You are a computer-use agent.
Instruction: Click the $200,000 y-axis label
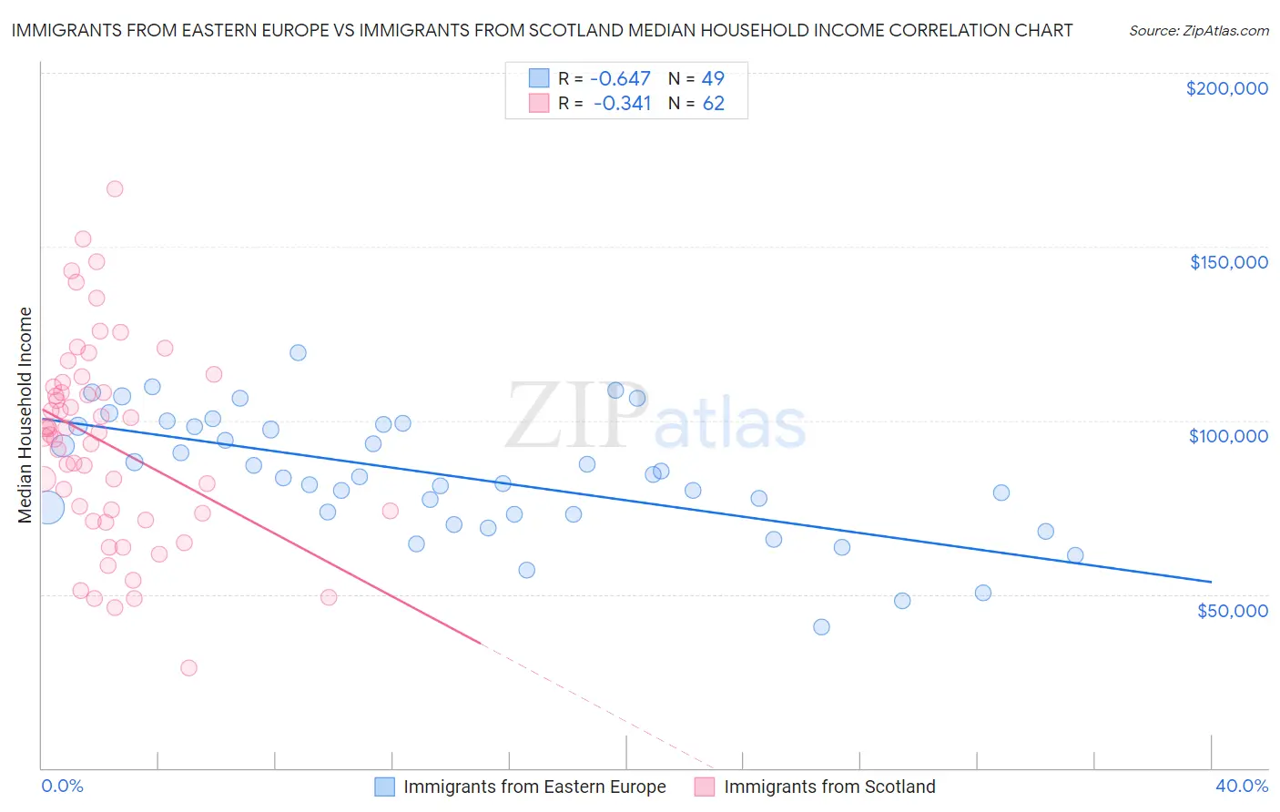coord(1226,88)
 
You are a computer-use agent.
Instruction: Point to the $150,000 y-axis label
coord(1228,262)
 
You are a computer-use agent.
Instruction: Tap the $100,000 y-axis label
coord(1228,436)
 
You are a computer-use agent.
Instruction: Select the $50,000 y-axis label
coord(1232,610)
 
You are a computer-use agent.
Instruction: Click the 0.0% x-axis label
coord(62,786)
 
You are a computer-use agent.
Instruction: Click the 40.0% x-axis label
coord(1241,786)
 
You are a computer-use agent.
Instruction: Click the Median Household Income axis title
coord(25,415)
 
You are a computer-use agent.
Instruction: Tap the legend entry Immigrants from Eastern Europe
coord(534,787)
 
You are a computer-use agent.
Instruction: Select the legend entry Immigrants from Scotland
coord(829,787)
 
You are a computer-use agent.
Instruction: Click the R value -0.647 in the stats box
coord(621,79)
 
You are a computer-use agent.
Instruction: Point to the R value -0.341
coord(622,104)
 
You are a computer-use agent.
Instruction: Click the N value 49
coord(713,79)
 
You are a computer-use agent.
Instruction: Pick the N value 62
coord(713,104)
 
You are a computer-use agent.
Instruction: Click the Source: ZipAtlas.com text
coord(1198,31)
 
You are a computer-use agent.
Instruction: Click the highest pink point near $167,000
coord(115,188)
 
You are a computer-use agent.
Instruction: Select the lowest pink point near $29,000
coord(188,667)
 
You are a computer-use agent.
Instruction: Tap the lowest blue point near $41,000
coord(821,626)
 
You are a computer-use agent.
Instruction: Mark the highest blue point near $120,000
coord(298,352)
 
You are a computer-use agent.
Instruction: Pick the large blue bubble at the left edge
coord(48,507)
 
